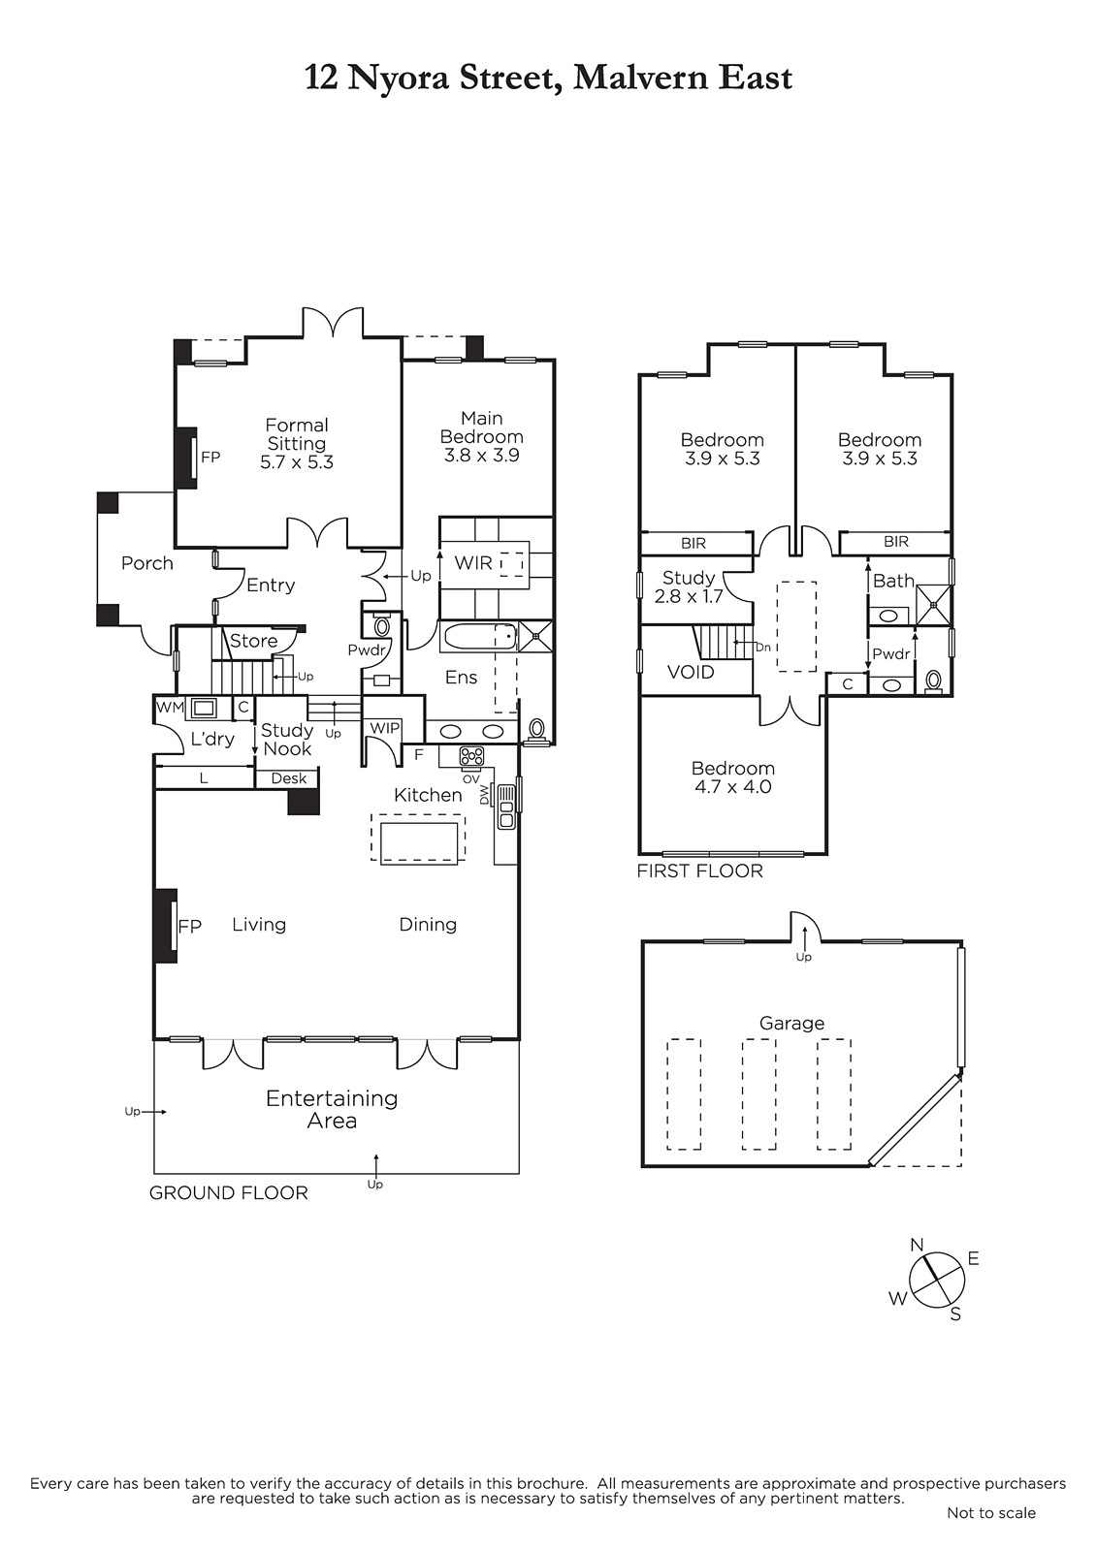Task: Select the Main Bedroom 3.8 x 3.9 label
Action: [x=482, y=436]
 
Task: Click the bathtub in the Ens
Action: [x=479, y=637]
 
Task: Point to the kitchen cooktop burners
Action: [x=472, y=756]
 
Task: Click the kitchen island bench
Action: [x=419, y=842]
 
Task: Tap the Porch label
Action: [x=146, y=563]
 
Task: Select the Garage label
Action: [x=791, y=1023]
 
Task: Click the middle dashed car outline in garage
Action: [x=758, y=1094]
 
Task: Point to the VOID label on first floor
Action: [x=691, y=672]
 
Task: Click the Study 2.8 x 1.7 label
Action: [x=688, y=586]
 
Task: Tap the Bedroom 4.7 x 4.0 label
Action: [x=732, y=776]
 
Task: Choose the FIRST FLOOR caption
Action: [x=699, y=871]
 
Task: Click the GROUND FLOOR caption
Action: [x=229, y=1193]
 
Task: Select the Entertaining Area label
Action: [x=332, y=1109]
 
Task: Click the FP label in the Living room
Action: [x=189, y=927]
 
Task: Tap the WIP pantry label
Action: [x=385, y=728]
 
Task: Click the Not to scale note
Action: [x=991, y=1513]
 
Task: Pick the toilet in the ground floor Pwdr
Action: [x=382, y=626]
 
